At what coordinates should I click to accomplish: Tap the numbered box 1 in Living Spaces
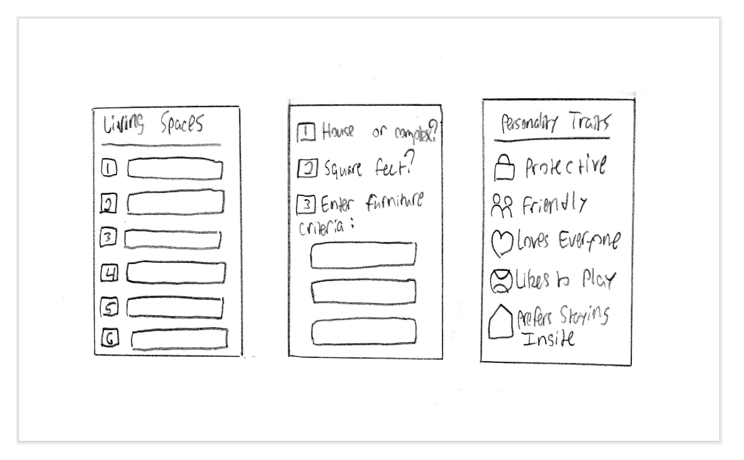point(109,169)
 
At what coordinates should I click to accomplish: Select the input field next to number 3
point(172,240)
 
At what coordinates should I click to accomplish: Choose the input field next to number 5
point(175,307)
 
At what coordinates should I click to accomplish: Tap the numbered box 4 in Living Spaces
point(108,273)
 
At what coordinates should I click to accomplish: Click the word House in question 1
point(338,132)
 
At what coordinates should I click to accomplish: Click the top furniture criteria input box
point(363,255)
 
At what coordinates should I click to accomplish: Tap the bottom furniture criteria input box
point(364,332)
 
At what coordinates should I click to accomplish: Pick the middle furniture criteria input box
point(363,290)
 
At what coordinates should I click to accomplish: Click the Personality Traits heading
point(552,124)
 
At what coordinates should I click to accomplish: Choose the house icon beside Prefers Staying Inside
point(502,326)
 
